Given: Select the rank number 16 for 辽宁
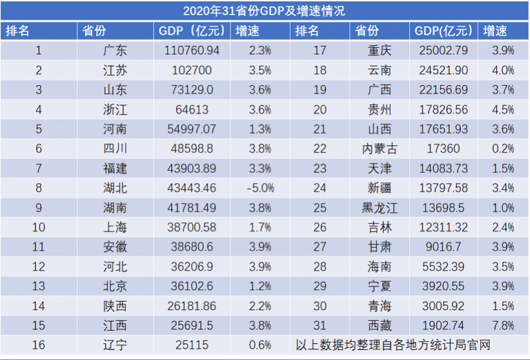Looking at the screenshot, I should click(38, 345).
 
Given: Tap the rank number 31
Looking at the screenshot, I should click(320, 326).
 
